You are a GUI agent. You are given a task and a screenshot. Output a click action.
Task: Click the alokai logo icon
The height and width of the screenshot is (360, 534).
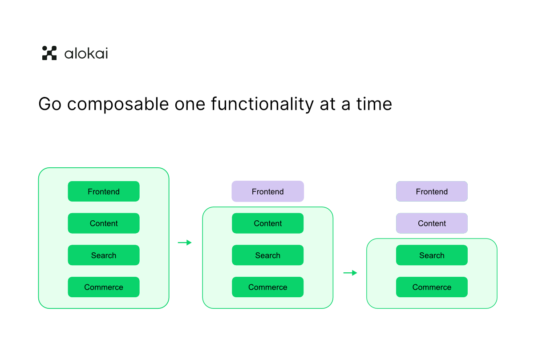[49, 53]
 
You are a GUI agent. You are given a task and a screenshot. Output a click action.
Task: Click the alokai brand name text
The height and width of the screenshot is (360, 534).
[86, 53]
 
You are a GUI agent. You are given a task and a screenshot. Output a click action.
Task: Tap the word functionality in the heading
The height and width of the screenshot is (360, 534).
[262, 104]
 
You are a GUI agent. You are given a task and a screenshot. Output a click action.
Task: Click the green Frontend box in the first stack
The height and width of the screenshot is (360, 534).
[104, 191]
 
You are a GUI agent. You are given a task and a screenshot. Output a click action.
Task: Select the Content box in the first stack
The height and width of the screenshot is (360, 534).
[104, 223]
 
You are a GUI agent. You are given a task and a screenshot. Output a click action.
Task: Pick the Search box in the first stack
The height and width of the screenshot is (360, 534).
[104, 255]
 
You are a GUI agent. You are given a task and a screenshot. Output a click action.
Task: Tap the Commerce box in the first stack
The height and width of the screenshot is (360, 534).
[104, 287]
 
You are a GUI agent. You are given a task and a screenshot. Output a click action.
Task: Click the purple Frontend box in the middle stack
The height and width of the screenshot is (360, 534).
[267, 191]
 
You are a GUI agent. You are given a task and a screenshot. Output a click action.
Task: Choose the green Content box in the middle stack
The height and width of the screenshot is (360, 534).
[267, 223]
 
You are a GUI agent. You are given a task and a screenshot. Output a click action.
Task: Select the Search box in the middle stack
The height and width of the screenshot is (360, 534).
[267, 255]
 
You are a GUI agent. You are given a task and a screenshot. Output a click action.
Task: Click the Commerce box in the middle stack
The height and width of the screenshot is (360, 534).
[267, 287]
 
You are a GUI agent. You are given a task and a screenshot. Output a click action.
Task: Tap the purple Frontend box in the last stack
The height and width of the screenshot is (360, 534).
[432, 191]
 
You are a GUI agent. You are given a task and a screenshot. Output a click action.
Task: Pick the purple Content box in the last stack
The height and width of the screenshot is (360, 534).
[432, 223]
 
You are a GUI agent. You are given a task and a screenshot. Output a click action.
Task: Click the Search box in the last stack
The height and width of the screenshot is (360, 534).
[432, 255]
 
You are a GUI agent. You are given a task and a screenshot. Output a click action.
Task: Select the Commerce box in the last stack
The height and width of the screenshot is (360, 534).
[432, 287]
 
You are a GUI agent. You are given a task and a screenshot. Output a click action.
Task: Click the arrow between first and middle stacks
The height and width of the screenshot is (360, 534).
[185, 243]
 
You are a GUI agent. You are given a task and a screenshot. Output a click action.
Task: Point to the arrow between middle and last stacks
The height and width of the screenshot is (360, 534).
[350, 273]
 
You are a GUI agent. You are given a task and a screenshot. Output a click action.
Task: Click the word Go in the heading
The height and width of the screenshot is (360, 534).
[50, 104]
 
